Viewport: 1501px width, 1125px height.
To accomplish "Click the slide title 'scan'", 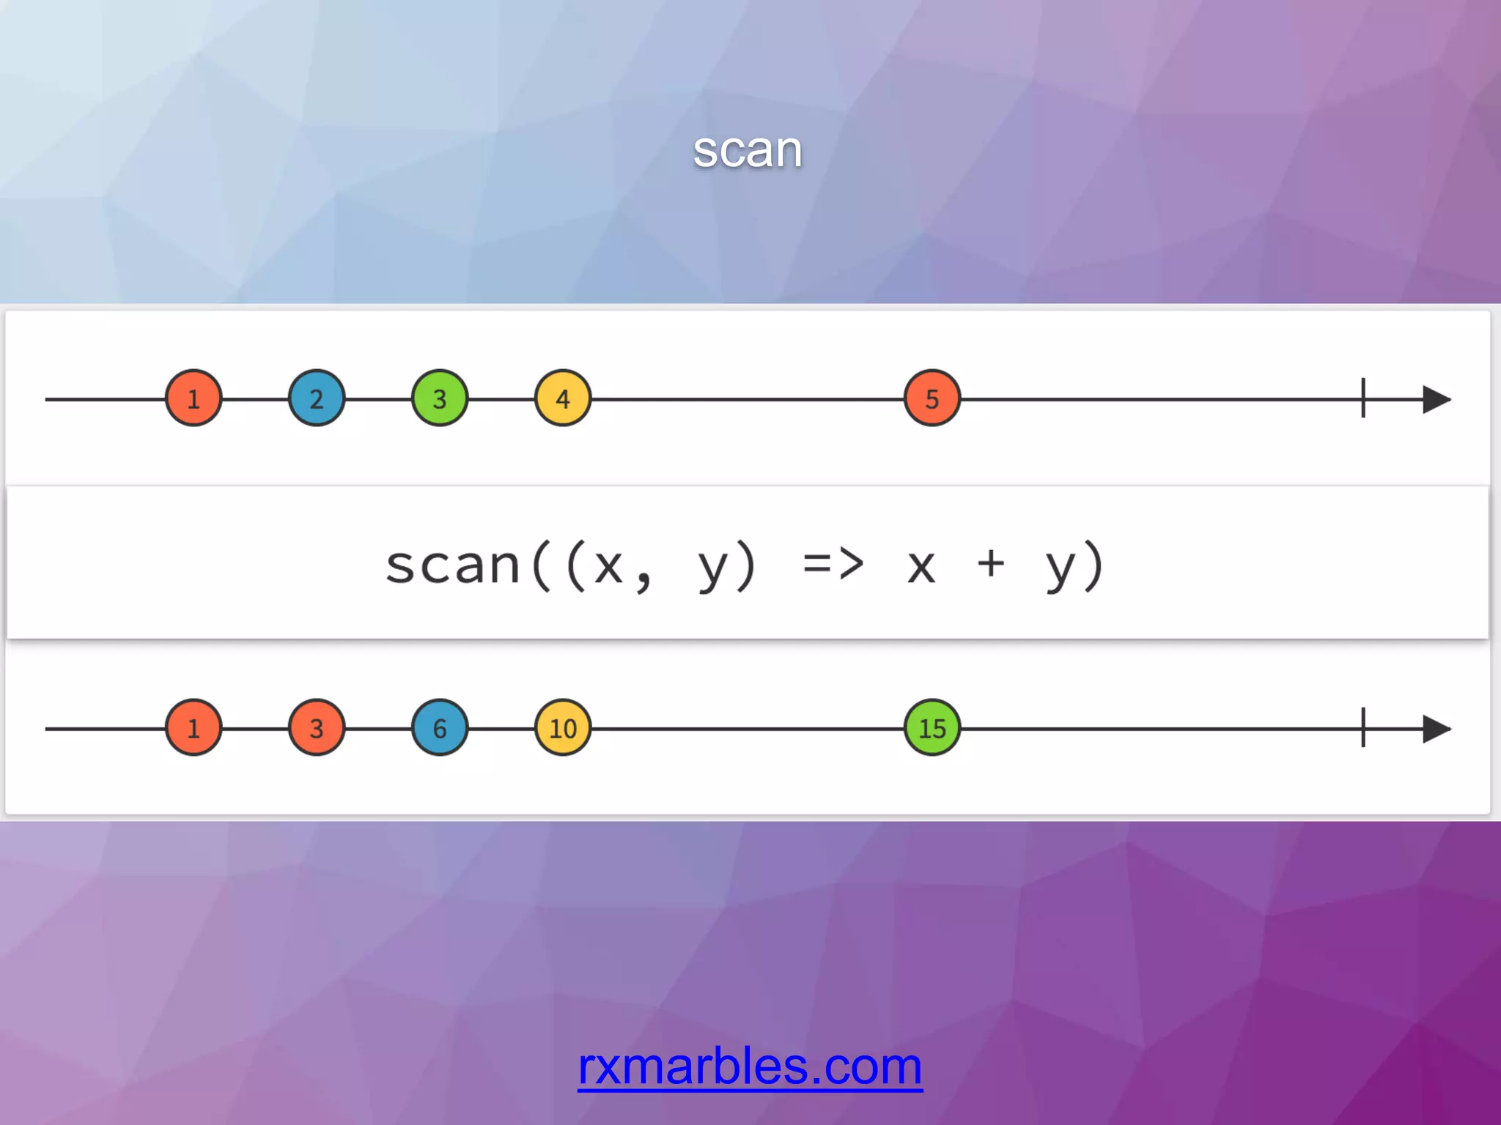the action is [748, 150].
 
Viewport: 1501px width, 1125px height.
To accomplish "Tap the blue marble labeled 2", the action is [317, 398].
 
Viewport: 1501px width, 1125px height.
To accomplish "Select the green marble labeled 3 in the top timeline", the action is [440, 398].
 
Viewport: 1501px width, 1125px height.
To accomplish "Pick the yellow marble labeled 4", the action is [563, 398].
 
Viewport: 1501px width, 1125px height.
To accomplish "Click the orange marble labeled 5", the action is [932, 398].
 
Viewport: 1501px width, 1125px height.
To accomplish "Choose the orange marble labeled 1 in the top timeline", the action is [193, 398].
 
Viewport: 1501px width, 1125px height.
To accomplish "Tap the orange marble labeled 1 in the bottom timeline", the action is [193, 728].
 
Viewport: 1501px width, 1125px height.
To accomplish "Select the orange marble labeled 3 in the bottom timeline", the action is [317, 728].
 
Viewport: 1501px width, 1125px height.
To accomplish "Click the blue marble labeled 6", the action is [440, 728].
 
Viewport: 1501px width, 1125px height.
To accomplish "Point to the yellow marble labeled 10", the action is [563, 728].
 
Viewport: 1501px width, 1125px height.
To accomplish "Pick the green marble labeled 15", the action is [932, 728].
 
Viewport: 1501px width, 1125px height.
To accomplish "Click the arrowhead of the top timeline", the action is [1436, 399].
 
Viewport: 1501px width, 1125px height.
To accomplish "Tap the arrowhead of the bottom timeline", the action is [1436, 729].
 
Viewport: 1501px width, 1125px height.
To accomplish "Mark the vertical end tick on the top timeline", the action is [1363, 398].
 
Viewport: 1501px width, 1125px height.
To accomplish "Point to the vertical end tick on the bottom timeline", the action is [1363, 728].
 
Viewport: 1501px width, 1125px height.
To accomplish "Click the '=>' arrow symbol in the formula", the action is [833, 565].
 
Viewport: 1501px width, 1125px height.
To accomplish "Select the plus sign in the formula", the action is [991, 563].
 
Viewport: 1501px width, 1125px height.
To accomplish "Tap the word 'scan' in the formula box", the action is [453, 565].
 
